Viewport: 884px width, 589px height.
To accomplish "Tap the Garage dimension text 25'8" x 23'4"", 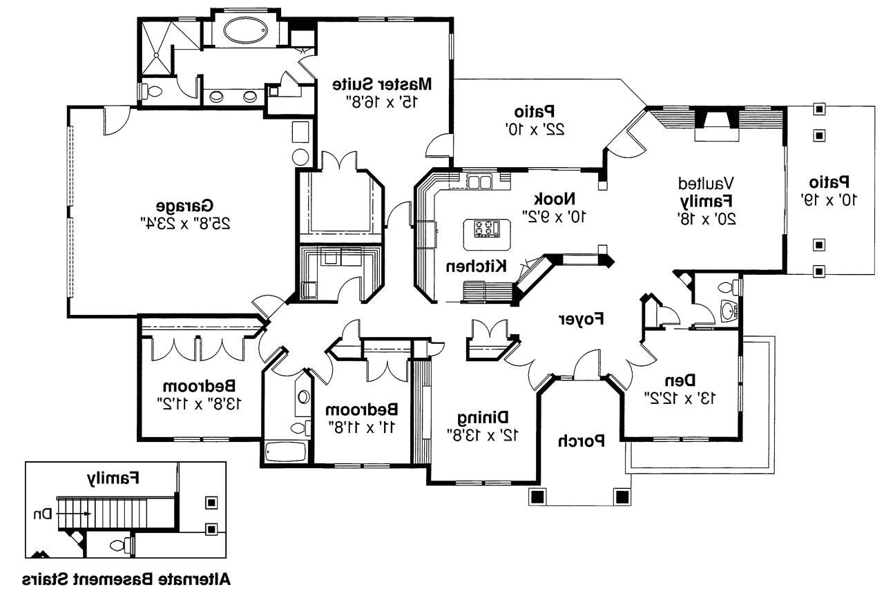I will click(184, 223).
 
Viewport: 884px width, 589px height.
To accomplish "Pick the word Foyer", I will click(581, 319).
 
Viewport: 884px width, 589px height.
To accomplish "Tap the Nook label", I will click(570, 199).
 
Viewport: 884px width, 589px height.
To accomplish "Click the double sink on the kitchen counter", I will click(478, 182).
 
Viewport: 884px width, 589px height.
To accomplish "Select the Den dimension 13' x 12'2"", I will click(680, 398).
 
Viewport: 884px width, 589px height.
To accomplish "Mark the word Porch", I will click(582, 440).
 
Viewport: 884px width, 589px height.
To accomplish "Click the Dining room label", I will click(484, 417).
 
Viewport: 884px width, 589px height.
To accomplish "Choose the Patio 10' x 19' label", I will click(829, 183).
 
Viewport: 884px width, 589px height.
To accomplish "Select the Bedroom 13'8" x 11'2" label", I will click(200, 385).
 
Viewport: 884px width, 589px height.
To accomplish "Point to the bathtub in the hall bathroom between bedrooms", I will click(285, 453).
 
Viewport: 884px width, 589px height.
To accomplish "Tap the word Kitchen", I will click(477, 266).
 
